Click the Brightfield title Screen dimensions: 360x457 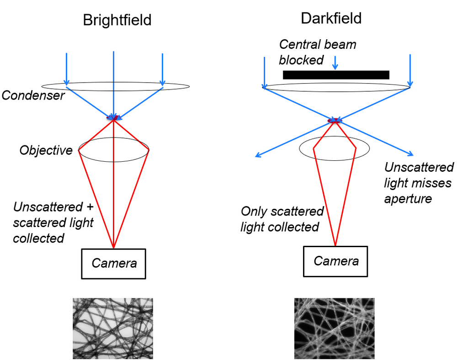117,20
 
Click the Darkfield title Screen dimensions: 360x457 331,18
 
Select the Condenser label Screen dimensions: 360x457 33,95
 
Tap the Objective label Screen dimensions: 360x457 46,150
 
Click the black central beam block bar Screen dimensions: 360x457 336,75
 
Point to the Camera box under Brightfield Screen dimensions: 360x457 113,264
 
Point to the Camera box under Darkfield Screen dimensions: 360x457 335,261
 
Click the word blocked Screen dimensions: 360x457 302,60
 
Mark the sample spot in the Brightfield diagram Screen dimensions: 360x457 113,118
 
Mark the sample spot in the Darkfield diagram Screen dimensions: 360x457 335,121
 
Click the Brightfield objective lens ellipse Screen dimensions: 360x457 114,149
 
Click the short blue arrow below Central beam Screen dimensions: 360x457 336,63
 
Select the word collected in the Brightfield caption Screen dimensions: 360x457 39,238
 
